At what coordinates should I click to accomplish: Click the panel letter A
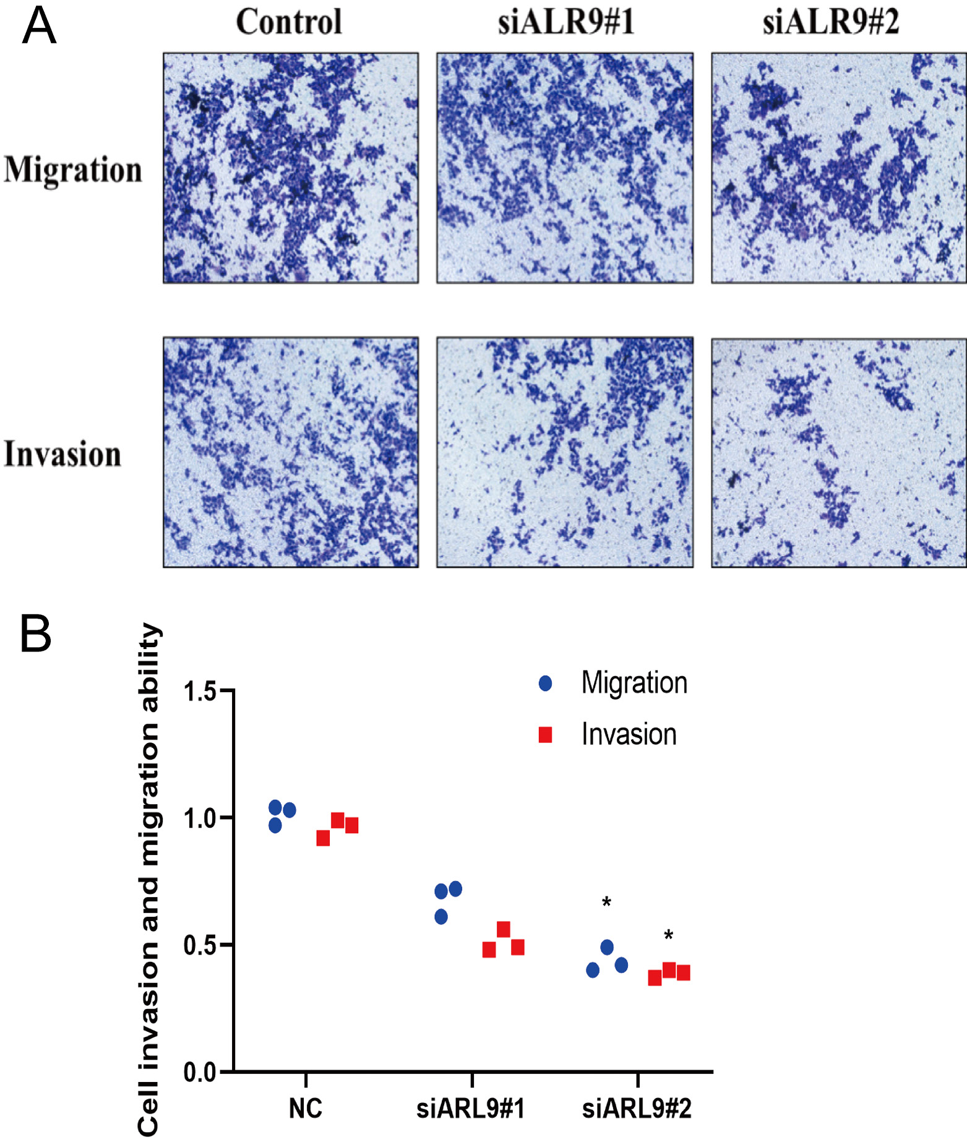pos(38,27)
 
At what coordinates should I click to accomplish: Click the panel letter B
pos(35,633)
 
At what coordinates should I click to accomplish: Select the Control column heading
pos(289,22)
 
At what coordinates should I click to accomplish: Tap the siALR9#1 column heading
pos(565,22)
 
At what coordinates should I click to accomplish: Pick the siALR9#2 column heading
pos(830,22)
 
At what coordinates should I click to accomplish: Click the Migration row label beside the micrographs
pos(73,170)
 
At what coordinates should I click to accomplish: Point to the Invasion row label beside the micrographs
pos(62,454)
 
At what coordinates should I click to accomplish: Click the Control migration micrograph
pos(291,168)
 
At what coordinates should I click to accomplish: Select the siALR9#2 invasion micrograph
pos(838,452)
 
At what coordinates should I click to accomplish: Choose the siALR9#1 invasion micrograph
pos(564,452)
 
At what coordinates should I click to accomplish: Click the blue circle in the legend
pos(545,683)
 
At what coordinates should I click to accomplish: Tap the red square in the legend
pos(545,735)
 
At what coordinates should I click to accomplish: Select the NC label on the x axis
pos(306,1109)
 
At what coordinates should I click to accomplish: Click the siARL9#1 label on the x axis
pos(471,1109)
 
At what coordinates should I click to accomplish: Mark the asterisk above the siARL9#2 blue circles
pos(606,903)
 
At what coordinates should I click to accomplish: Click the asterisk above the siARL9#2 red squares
pos(668,935)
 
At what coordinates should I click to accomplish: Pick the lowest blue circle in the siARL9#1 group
pos(441,917)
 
